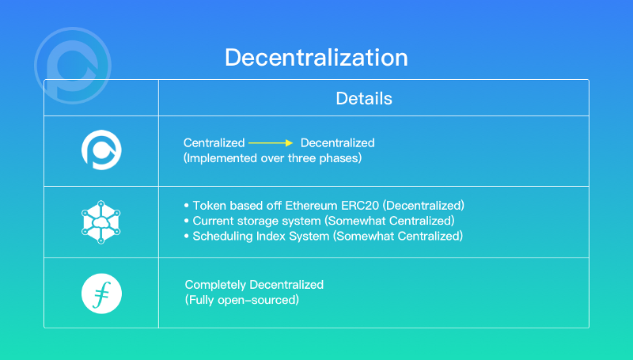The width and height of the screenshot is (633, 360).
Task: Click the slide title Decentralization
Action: (316, 58)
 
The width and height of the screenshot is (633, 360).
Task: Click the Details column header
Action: (364, 99)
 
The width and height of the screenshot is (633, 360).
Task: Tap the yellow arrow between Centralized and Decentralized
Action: (271, 143)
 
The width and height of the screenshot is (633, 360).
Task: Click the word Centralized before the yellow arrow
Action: (214, 143)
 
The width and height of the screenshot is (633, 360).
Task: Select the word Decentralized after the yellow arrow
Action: (337, 143)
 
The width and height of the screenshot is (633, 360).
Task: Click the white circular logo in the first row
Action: (101, 150)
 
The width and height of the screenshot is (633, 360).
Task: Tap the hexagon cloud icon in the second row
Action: (101, 222)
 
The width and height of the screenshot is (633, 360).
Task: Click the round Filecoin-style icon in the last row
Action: (101, 292)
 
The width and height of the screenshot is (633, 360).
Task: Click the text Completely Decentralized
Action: (254, 285)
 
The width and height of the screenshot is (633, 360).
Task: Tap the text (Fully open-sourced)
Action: (242, 300)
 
